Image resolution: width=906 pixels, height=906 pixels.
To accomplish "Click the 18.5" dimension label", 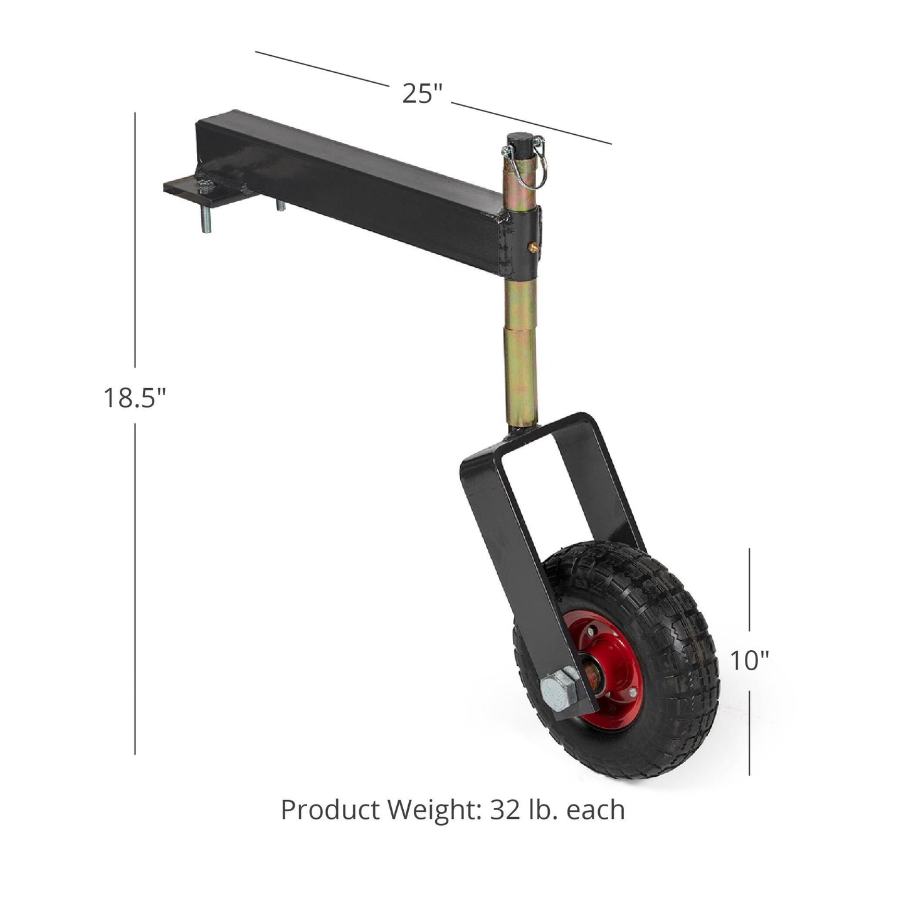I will click(x=135, y=397).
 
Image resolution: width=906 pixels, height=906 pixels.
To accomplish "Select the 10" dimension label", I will click(x=749, y=660).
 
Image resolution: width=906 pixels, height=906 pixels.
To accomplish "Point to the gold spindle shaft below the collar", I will click(x=518, y=351).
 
